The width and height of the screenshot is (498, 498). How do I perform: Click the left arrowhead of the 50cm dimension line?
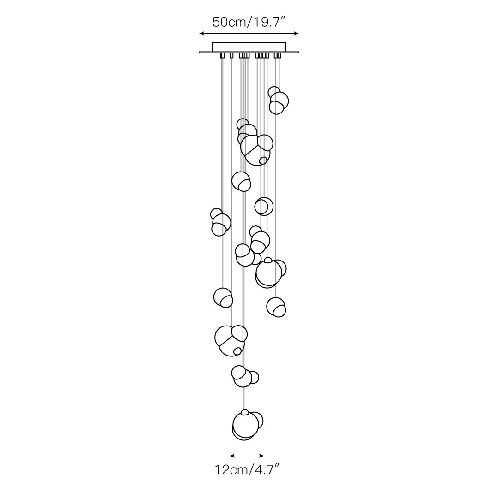pyautogui.click(x=202, y=33)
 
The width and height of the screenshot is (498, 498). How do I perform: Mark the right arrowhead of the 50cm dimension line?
pyautogui.click(x=296, y=33)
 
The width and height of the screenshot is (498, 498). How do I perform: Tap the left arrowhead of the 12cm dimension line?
pyautogui.click(x=232, y=456)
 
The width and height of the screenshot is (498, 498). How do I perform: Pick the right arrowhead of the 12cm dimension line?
pyautogui.click(x=261, y=456)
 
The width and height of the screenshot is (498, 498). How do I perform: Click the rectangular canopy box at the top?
pyautogui.click(x=249, y=47)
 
